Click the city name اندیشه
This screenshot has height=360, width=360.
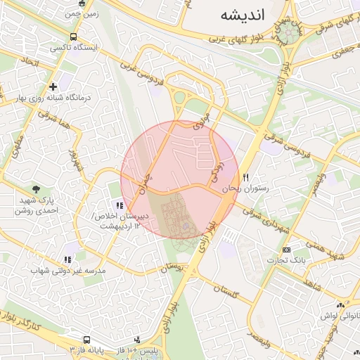(x=241, y=15)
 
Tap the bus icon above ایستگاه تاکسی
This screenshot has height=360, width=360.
(x=74, y=37)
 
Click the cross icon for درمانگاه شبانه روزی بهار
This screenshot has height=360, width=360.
(x=53, y=86)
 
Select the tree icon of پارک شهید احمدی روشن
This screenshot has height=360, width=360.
(x=36, y=188)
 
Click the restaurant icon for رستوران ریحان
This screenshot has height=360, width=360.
(x=246, y=177)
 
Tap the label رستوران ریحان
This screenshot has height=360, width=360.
(x=246, y=189)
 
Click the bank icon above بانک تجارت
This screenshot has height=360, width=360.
(x=286, y=250)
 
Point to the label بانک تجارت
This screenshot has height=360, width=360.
(x=285, y=261)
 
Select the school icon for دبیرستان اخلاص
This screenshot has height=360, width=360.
(x=120, y=205)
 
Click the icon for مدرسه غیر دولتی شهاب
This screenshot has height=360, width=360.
(x=67, y=259)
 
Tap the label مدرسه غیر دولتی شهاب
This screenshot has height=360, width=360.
(x=68, y=271)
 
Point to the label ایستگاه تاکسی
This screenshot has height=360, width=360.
(x=74, y=49)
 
